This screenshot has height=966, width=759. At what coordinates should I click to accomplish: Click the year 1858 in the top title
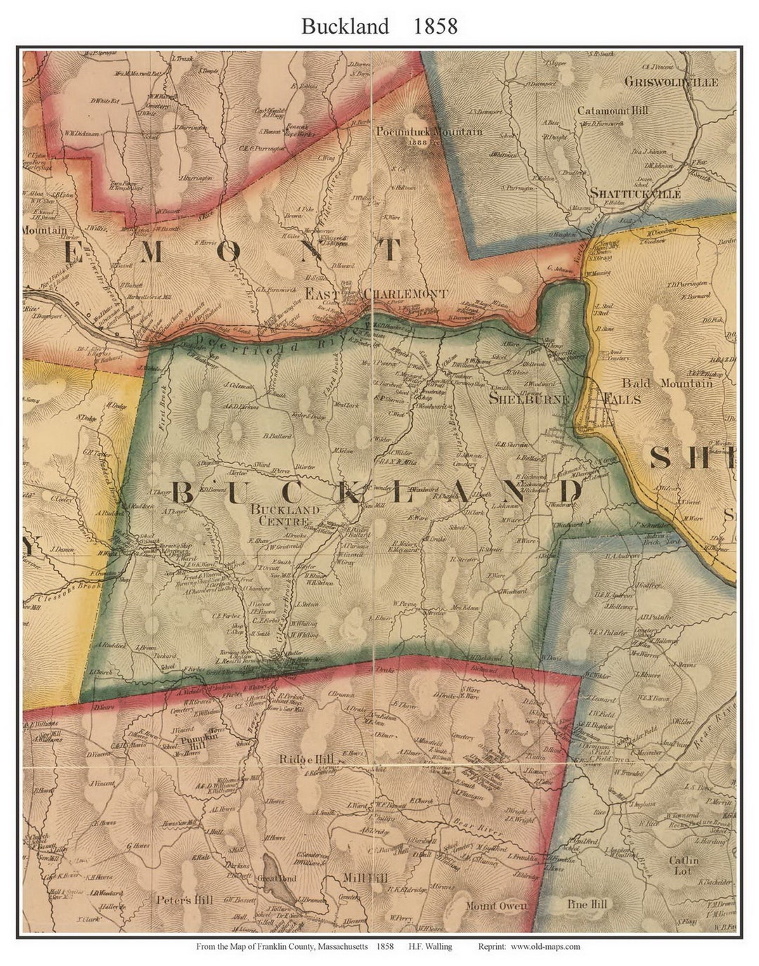(435, 26)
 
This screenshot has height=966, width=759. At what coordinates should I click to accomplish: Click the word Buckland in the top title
(345, 26)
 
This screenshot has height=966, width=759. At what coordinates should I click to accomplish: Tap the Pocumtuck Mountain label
(429, 131)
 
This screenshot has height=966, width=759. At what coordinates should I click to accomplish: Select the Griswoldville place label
(671, 82)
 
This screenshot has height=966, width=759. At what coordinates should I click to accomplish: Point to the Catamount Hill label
(613, 110)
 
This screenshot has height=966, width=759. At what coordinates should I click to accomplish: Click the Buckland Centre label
(285, 515)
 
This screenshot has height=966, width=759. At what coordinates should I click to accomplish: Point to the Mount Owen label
(495, 906)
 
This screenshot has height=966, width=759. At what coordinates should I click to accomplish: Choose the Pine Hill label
(587, 904)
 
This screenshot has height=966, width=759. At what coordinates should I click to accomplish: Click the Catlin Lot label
(683, 865)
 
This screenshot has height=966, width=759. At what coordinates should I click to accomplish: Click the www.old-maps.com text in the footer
(545, 946)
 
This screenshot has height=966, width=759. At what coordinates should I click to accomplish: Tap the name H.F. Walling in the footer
(429, 946)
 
